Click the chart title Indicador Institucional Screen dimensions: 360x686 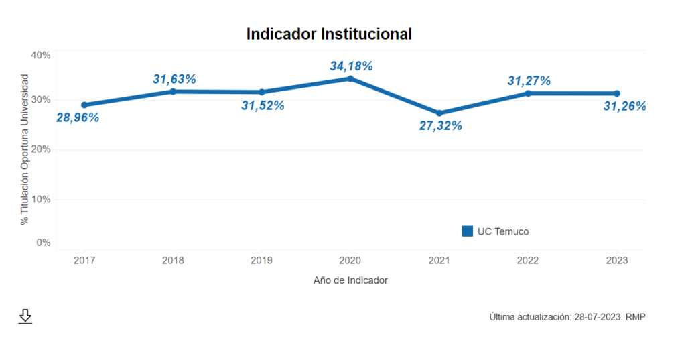coord(329,34)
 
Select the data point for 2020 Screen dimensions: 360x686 coord(350,78)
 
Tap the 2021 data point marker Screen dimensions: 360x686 coord(439,113)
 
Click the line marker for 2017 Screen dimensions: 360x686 coord(84,105)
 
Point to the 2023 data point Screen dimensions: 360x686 coord(616,93)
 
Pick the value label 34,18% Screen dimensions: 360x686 coord(351,66)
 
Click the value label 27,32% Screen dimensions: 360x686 coord(440,125)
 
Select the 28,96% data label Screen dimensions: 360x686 coord(78,117)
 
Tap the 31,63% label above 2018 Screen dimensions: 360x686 coord(174,79)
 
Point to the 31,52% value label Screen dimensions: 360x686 coord(263,105)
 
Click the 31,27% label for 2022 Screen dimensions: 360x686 coord(529,80)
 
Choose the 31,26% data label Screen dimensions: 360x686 coord(624,106)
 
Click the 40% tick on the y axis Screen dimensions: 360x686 coord(41,55)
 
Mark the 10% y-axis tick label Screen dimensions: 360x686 coord(41,199)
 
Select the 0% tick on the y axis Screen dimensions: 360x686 coord(44,243)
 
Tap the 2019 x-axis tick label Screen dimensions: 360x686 coord(261,260)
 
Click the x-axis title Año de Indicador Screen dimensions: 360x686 coord(350,280)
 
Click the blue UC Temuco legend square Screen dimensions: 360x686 coord(468,231)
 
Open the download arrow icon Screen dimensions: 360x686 coord(25,316)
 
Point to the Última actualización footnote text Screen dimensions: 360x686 coord(567,316)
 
